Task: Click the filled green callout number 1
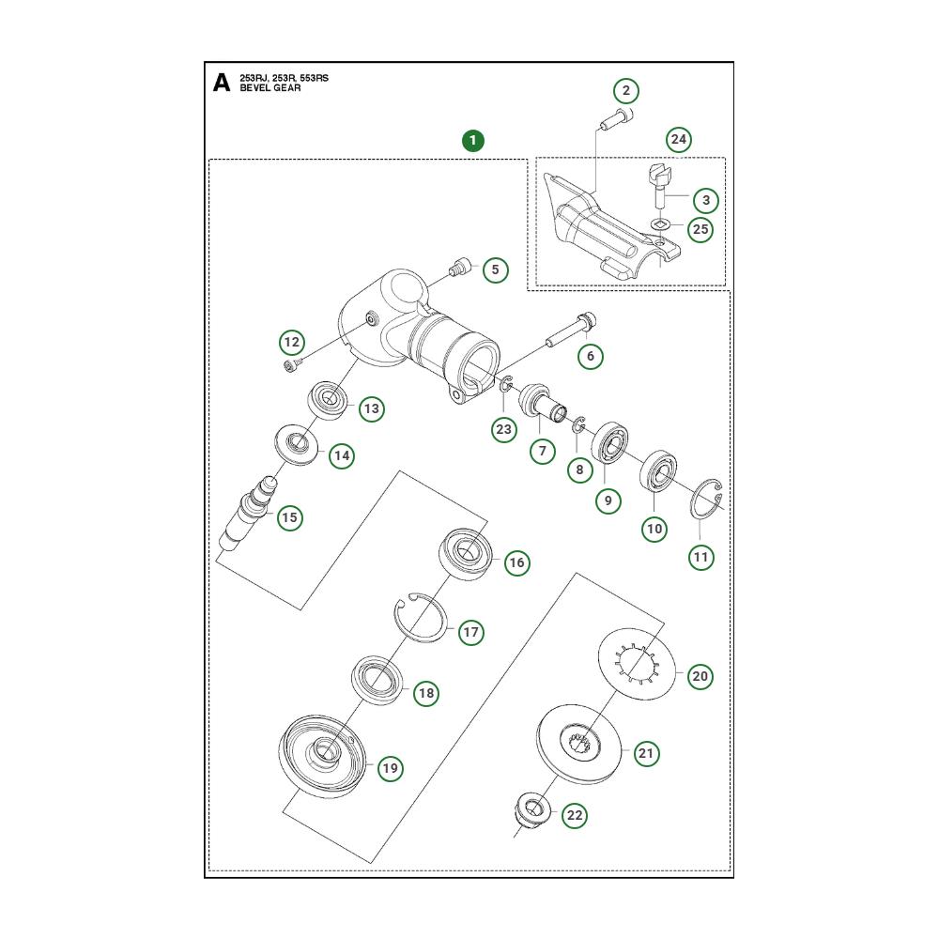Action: tap(472, 141)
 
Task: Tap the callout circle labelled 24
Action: tap(679, 140)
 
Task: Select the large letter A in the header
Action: tap(222, 83)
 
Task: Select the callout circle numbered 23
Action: tap(504, 429)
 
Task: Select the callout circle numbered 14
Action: tap(342, 455)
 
